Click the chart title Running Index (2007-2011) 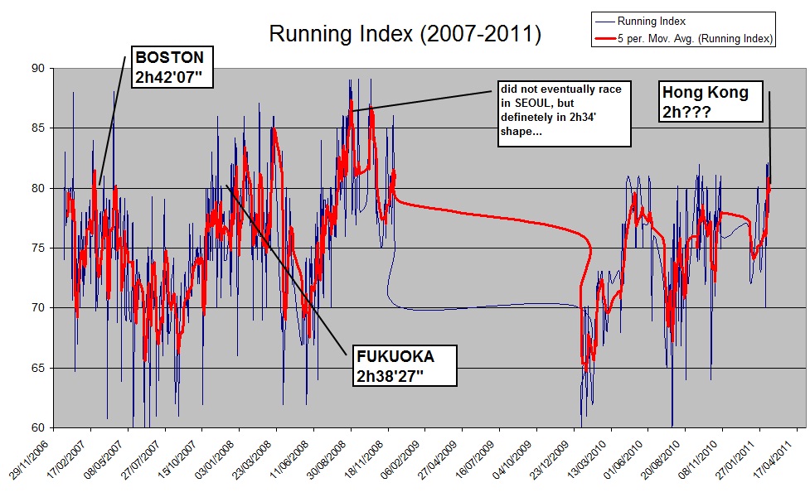coord(405,34)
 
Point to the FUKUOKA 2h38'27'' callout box coord(405,364)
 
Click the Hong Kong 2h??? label coord(705,103)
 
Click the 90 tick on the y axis coord(38,68)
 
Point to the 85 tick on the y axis coord(38,128)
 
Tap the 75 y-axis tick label coord(38,248)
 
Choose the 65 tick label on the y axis coord(38,368)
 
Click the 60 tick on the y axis coord(38,427)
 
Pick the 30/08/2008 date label coord(332,460)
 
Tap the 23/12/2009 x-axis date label coord(556,460)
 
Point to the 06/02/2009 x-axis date coord(407,460)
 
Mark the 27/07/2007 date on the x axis coord(146,460)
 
